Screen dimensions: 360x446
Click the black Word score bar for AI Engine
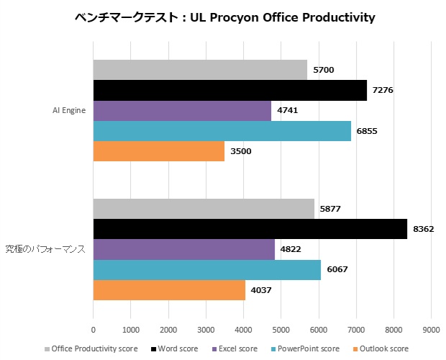point(229,90)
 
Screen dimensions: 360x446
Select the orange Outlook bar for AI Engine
point(158,151)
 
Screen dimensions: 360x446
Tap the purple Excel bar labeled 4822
point(183,249)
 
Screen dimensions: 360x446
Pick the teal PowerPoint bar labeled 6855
point(222,131)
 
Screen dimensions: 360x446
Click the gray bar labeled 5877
point(204,209)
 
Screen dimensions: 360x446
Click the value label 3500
point(242,151)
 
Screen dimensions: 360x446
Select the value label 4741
point(288,110)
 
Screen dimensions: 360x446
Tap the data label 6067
point(338,270)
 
